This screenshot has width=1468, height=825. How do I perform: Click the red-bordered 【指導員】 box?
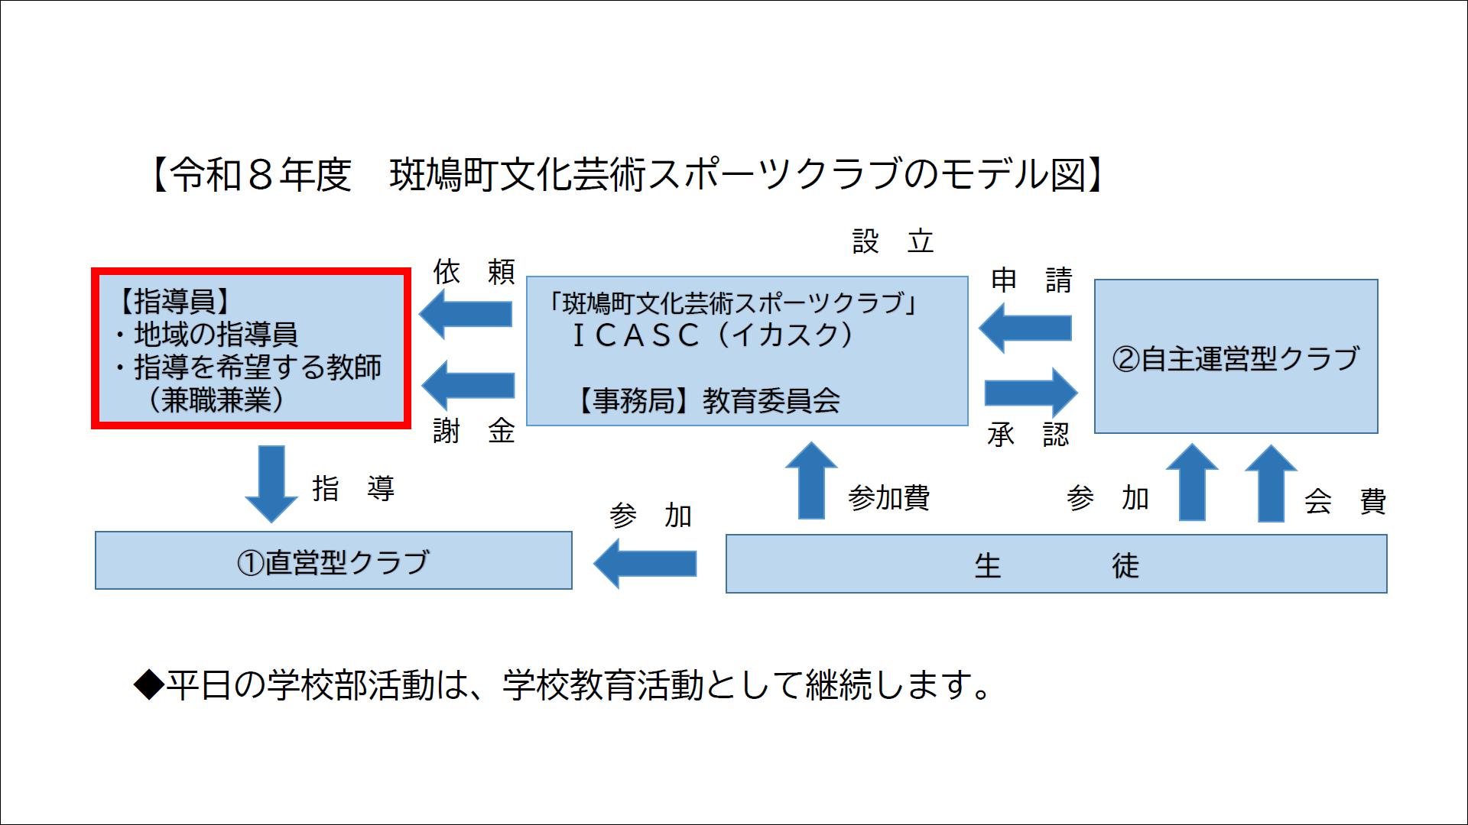251,348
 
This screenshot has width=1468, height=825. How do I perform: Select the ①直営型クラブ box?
333,561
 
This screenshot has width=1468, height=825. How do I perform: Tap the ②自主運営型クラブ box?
1236,356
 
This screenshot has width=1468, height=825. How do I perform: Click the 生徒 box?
1056,564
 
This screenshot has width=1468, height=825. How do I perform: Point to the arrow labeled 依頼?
466,314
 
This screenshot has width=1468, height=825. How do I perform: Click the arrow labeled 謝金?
468,385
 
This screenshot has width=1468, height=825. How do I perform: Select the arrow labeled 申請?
1025,328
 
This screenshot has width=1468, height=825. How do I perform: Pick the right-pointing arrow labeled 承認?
1031,393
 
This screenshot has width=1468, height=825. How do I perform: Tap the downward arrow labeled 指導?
271,484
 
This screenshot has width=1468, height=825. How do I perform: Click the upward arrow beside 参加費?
811,480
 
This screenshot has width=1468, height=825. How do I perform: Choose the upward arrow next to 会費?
1271,484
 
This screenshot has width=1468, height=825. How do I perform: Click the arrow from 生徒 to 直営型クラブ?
645,564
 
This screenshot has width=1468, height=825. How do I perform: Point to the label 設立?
893,241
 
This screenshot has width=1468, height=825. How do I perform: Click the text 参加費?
888,498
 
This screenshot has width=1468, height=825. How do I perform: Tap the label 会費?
1345,501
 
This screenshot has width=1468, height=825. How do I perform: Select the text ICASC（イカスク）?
712,335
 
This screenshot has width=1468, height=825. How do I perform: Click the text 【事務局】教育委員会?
709,400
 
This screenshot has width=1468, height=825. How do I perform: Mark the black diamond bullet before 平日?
149,684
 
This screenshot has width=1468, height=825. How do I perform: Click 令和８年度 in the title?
261,174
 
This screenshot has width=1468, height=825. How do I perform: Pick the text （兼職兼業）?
216,400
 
